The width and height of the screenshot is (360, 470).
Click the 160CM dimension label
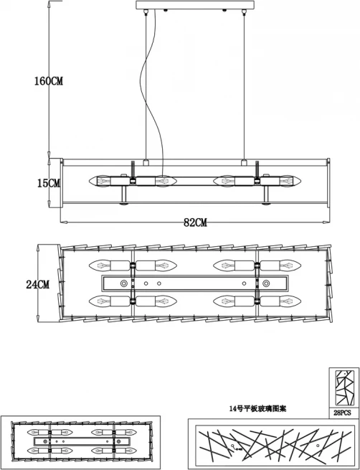pyautogui.click(x=49, y=81)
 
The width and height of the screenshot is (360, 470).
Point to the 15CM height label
pyautogui.click(x=49, y=183)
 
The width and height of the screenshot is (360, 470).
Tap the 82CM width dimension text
pyautogui.click(x=195, y=222)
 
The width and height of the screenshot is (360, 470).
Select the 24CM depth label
pyautogui.click(x=38, y=284)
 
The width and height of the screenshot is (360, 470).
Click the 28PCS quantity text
pyautogui.click(x=342, y=413)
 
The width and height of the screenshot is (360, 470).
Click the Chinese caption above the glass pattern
pyautogui.click(x=257, y=408)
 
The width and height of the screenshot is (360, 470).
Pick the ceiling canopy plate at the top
pyautogui.click(x=195, y=5)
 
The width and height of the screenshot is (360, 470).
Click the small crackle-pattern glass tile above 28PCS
pyautogui.click(x=345, y=388)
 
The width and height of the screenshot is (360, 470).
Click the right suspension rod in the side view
pyautogui.click(x=244, y=87)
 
